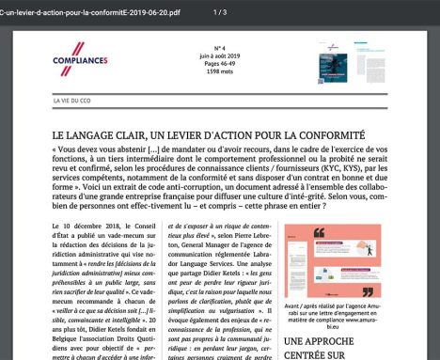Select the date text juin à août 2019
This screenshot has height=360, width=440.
click(x=218, y=55)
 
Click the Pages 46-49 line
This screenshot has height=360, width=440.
click(x=218, y=62)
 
